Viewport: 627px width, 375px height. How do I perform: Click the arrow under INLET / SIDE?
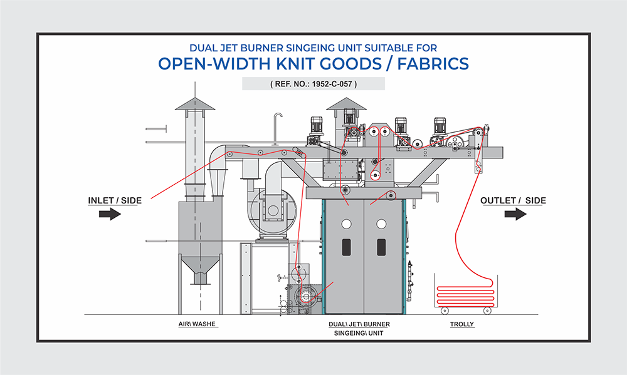(x=110, y=215)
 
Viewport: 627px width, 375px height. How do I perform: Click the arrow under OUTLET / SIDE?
(x=515, y=215)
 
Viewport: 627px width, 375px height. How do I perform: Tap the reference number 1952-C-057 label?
(x=313, y=84)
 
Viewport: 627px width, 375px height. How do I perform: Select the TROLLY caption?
(x=462, y=324)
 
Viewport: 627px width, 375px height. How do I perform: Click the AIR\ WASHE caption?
(x=198, y=324)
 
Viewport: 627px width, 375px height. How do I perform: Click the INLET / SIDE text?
(x=115, y=200)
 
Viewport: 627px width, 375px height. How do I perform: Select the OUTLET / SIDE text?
(x=513, y=200)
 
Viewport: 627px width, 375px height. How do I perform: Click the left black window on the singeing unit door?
(x=347, y=246)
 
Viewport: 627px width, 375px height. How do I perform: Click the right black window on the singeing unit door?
(x=381, y=246)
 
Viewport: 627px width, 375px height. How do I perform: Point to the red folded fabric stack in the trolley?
(x=465, y=294)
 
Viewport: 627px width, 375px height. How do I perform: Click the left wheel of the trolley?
(x=443, y=311)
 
